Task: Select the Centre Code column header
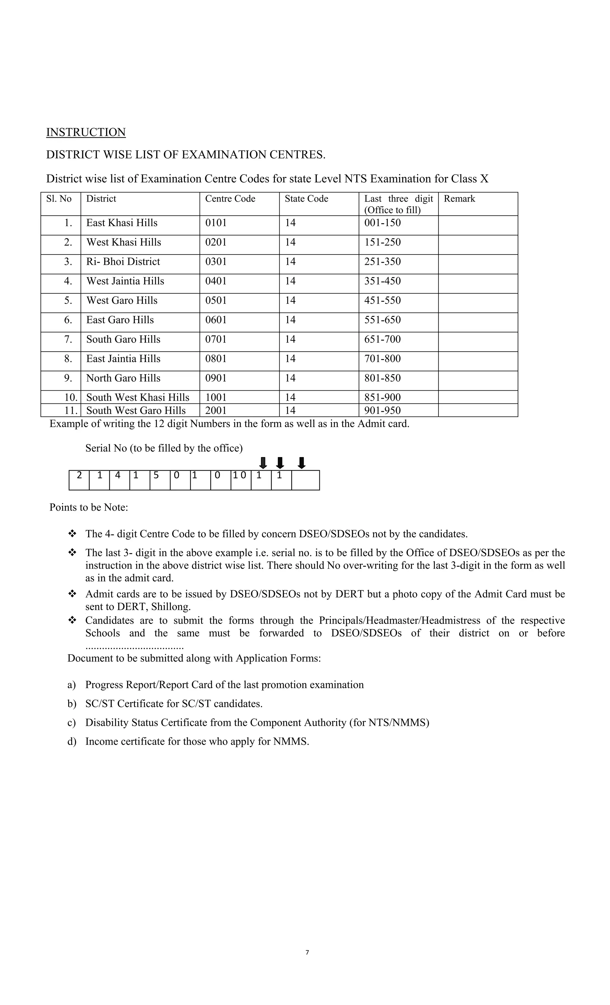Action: (x=230, y=199)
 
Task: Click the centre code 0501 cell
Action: (x=216, y=301)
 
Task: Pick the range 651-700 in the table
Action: (x=382, y=339)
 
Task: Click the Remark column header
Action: (x=459, y=199)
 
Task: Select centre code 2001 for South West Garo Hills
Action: (x=216, y=410)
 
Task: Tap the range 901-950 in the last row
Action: (x=382, y=410)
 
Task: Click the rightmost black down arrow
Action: (x=301, y=463)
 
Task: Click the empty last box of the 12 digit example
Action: (x=305, y=480)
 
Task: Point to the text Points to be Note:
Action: (x=88, y=507)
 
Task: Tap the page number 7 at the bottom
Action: (x=307, y=952)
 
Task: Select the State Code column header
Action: (x=306, y=199)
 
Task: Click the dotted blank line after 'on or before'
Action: (x=135, y=647)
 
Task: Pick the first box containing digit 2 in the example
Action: (x=79, y=480)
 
